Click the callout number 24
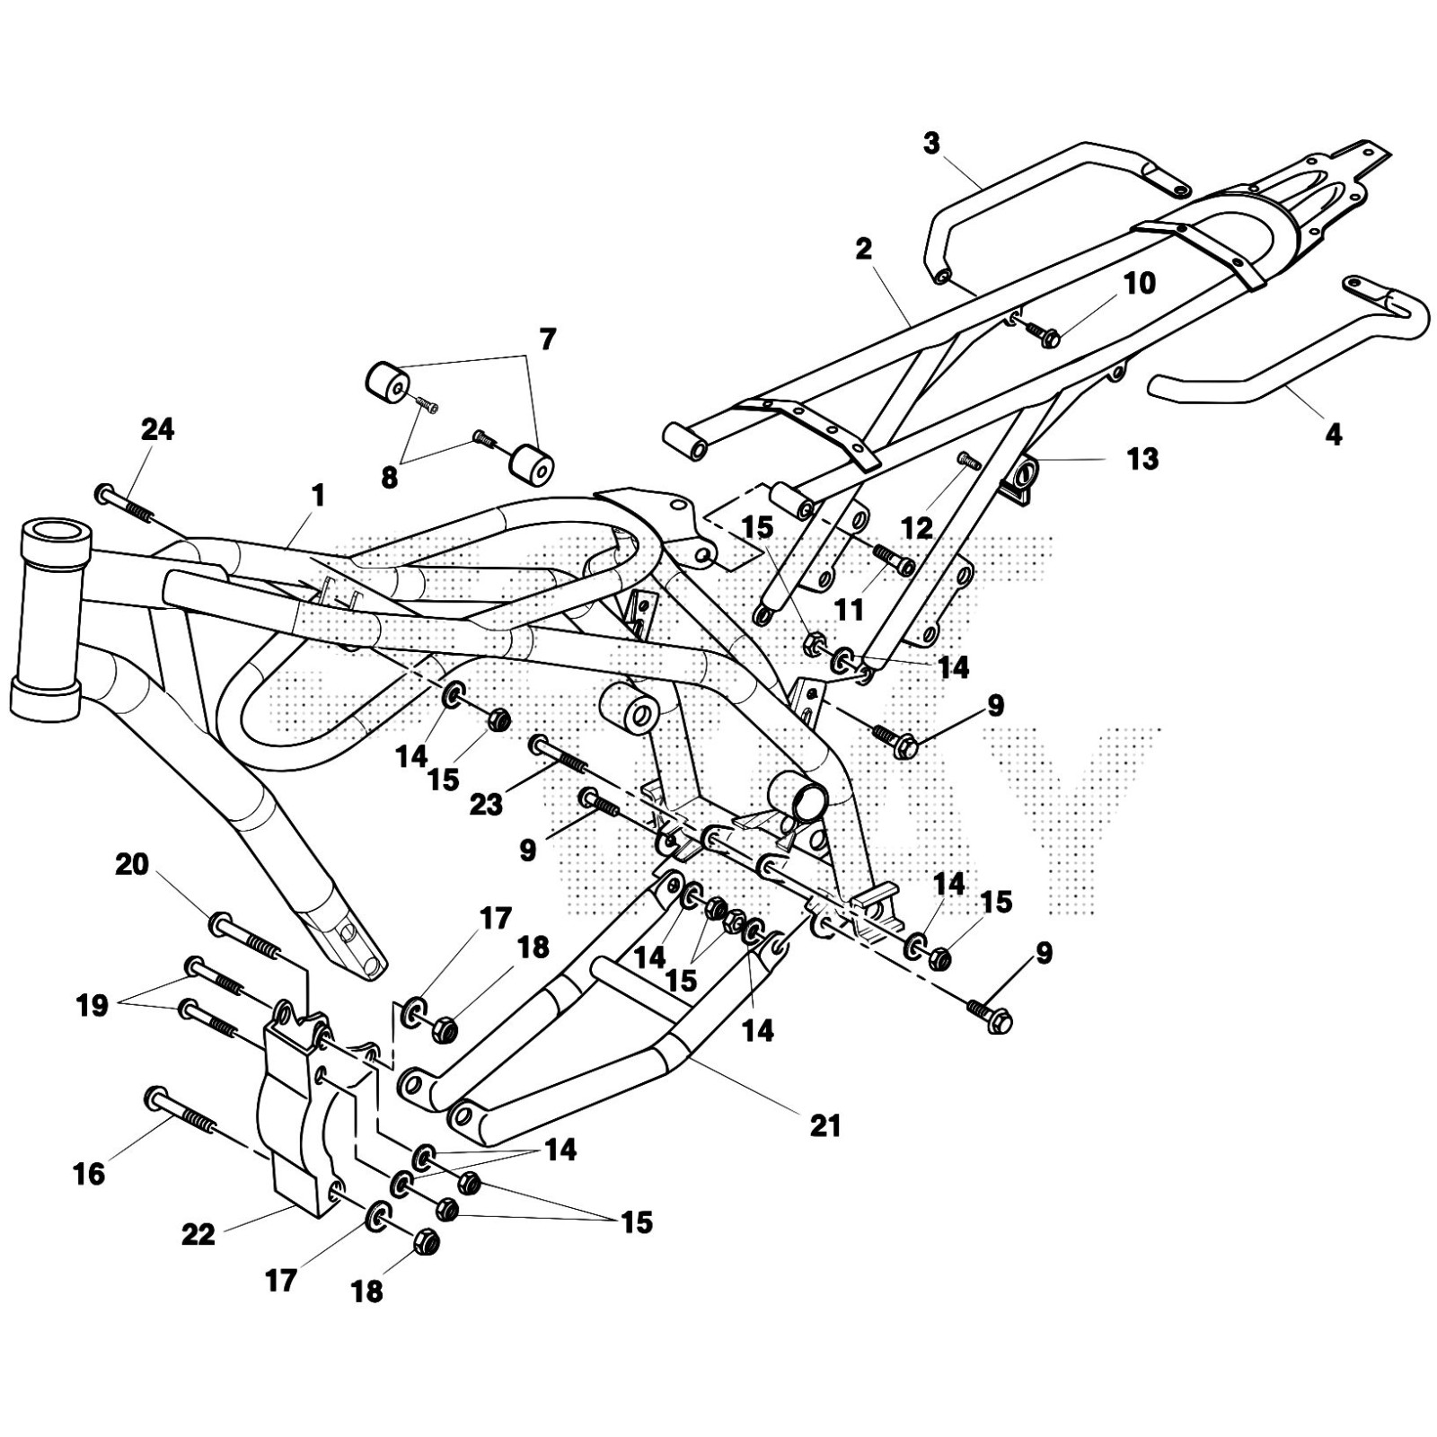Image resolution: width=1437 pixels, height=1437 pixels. [x=158, y=430]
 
